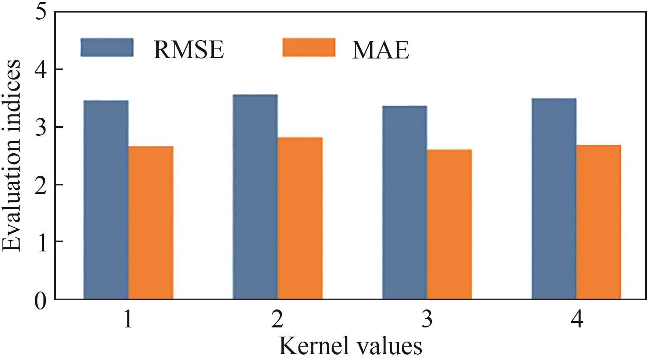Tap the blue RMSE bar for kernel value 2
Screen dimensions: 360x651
click(x=255, y=197)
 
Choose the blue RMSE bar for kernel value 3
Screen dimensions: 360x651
click(x=405, y=203)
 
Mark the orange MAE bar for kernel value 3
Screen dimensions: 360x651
click(x=449, y=224)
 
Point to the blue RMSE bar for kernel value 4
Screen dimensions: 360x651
click(x=554, y=199)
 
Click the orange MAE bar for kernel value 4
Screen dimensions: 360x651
click(x=598, y=222)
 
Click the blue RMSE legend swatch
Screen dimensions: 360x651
click(x=107, y=47)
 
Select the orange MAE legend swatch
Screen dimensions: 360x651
click(x=309, y=47)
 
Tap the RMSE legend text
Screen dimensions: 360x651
click(x=189, y=50)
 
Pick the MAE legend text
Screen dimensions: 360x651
click(x=380, y=50)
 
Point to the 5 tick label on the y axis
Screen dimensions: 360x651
click(x=41, y=13)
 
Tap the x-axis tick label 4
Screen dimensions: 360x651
click(x=576, y=321)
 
